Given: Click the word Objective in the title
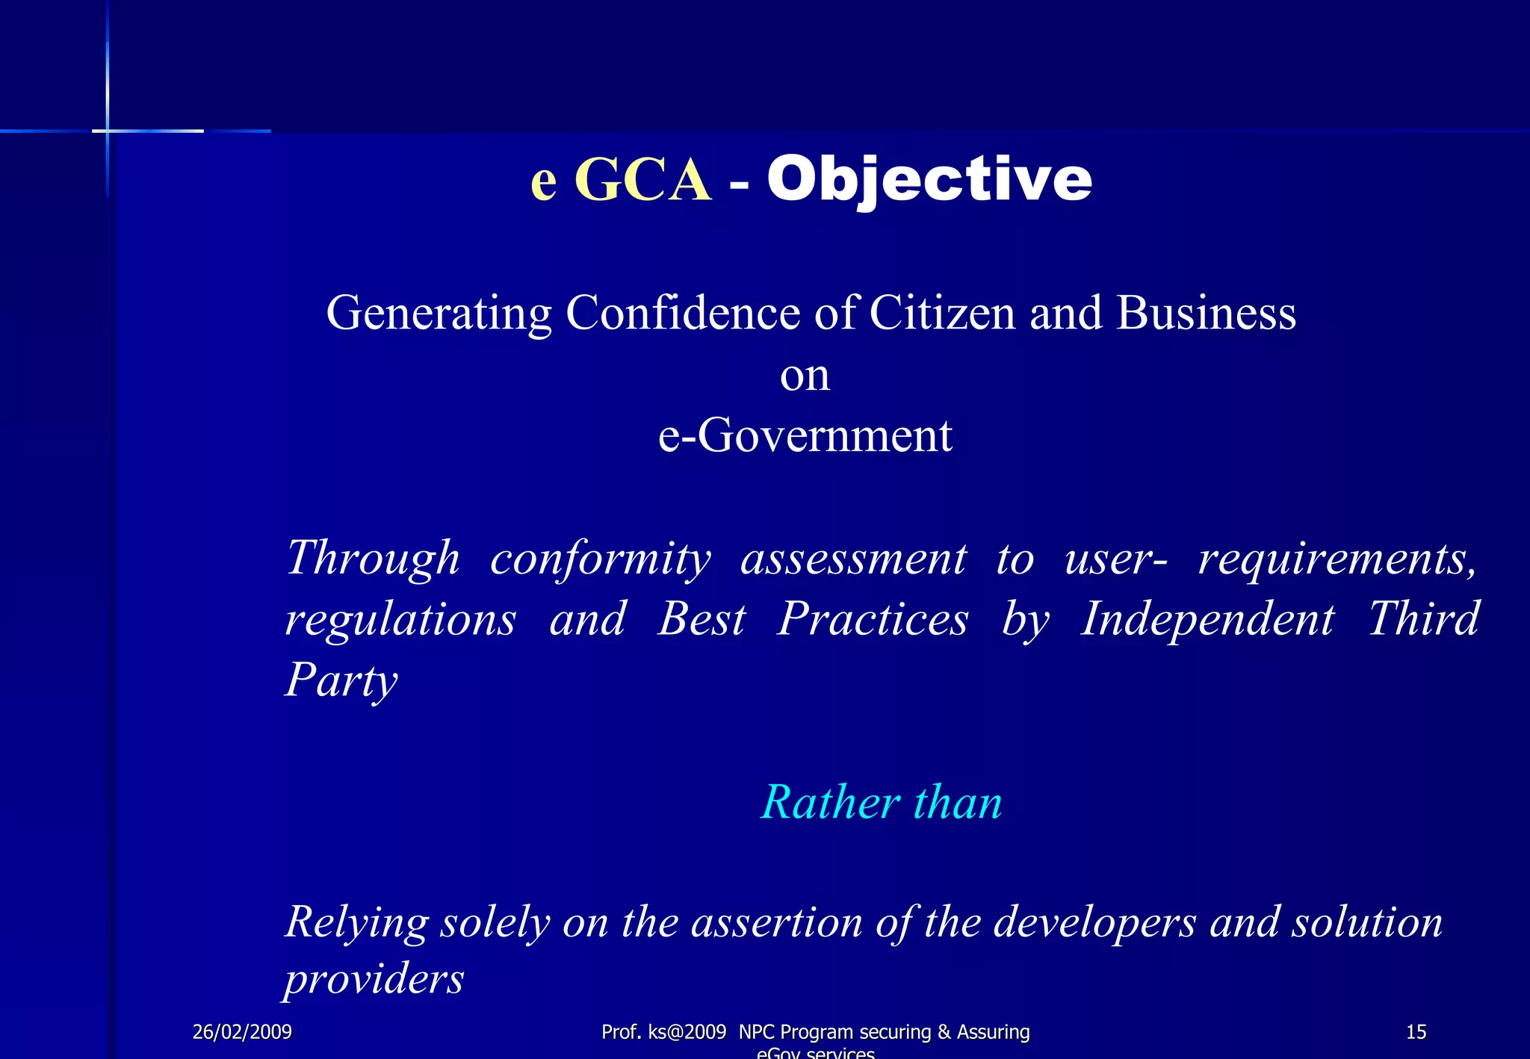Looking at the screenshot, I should click(929, 179).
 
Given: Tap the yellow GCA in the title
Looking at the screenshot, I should click(642, 181).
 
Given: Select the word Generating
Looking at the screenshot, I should click(439, 313).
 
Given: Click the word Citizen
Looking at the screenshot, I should click(942, 313).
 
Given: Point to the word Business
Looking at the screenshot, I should click(1206, 313).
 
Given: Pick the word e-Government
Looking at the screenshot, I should click(805, 435).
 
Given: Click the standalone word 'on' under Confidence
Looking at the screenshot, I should click(805, 375).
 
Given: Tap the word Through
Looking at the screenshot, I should click(373, 559).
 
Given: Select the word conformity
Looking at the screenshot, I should click(600, 559).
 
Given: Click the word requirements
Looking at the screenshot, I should click(1337, 559).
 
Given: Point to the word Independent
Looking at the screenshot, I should click(1207, 619).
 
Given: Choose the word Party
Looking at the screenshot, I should click(341, 680).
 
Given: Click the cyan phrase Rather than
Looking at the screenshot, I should click(881, 803).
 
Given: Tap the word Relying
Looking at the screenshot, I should click(356, 922).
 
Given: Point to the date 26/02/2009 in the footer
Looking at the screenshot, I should click(242, 1032).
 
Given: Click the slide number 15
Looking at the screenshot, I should click(1416, 1032).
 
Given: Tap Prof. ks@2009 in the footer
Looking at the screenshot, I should click(663, 1032).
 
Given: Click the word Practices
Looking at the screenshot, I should click(873, 619).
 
